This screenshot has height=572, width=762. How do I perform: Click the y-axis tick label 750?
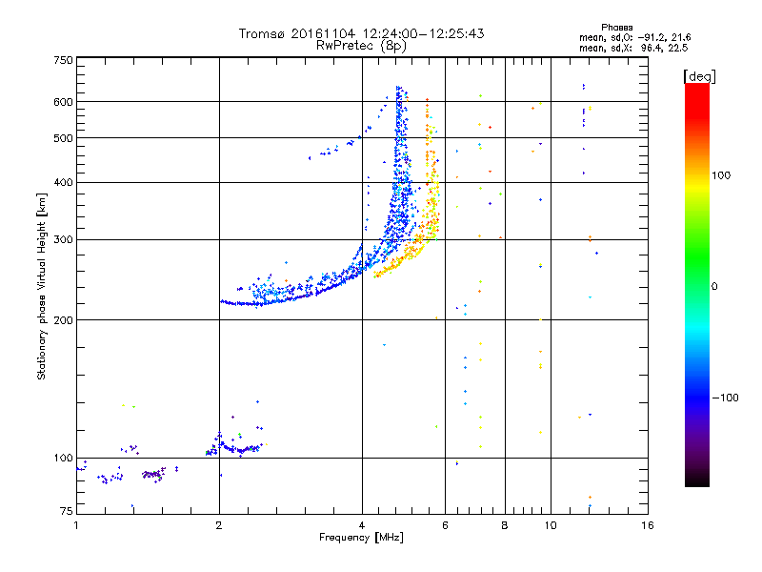pos(63,60)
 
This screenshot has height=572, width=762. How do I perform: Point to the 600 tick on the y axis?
pos(63,102)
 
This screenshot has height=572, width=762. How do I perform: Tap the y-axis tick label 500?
pos(63,138)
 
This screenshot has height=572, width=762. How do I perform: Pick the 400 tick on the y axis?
pos(63,182)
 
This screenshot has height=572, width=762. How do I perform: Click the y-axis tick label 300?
pos(63,239)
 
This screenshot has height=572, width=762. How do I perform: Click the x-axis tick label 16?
pos(647,525)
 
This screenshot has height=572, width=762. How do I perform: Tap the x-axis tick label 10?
pos(550,525)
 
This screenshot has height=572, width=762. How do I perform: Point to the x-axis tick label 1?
pos(76,525)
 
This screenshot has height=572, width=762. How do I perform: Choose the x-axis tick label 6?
pos(445,525)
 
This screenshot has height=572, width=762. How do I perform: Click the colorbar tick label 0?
pos(715,286)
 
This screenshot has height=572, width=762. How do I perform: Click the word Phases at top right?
pos(618,27)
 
